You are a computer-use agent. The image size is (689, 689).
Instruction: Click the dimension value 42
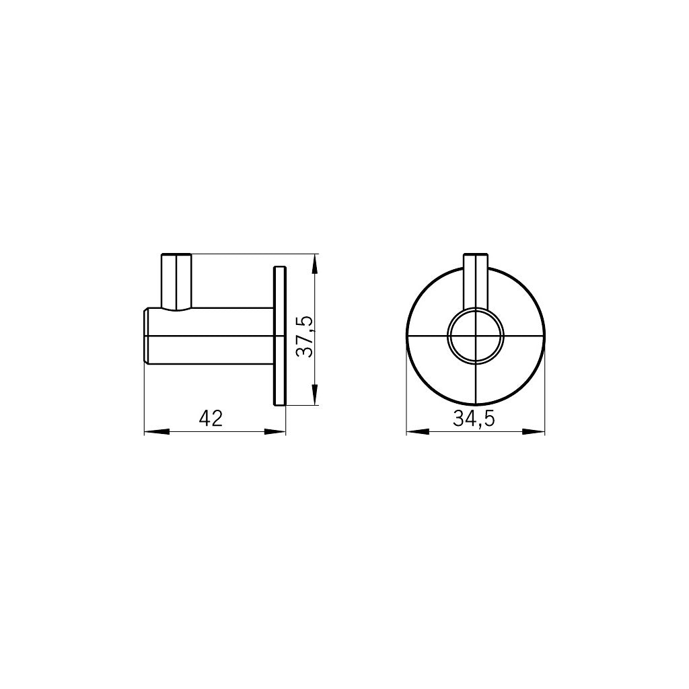[211, 418]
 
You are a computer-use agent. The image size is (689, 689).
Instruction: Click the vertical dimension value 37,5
[304, 336]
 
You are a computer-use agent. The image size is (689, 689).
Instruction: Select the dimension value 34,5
[474, 419]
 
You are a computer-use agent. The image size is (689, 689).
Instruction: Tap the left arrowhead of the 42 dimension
[157, 432]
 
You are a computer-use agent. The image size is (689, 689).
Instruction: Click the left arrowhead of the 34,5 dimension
[418, 432]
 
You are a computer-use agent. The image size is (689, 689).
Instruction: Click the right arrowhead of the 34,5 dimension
[533, 432]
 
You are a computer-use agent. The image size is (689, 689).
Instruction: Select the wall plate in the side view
[280, 336]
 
